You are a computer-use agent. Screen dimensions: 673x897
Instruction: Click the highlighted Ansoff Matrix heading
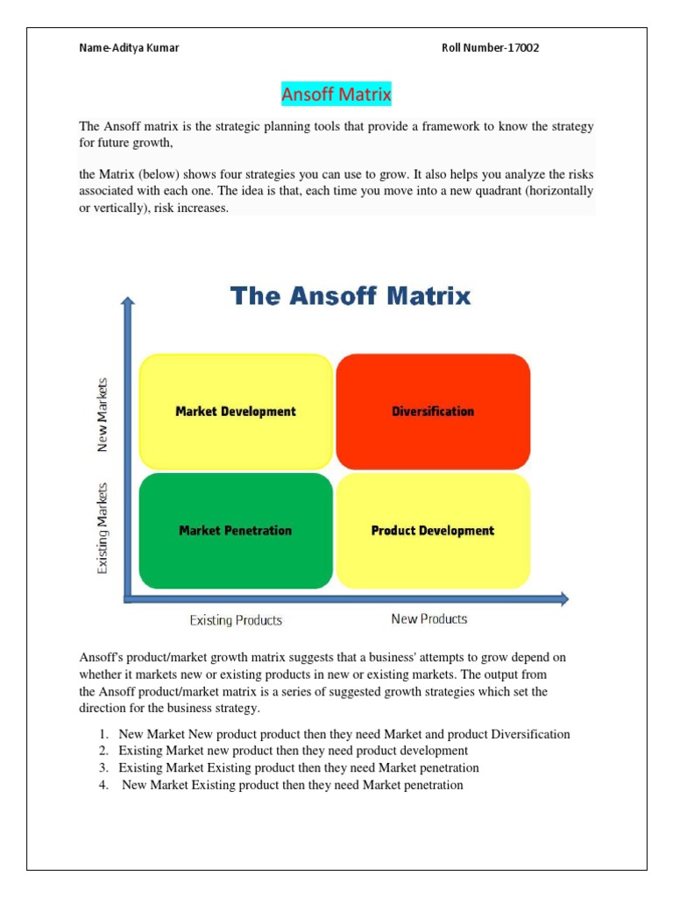click(x=336, y=94)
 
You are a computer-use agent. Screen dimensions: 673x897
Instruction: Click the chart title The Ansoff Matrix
click(x=351, y=296)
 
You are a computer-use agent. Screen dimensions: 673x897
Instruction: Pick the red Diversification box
click(x=433, y=411)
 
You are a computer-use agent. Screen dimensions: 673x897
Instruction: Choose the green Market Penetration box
click(x=236, y=530)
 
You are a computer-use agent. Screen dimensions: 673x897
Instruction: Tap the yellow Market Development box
click(x=236, y=411)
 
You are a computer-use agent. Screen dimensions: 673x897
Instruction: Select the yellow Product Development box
click(x=433, y=530)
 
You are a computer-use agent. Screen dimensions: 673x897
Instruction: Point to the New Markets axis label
click(x=103, y=414)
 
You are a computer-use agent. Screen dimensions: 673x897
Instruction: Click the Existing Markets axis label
click(x=103, y=527)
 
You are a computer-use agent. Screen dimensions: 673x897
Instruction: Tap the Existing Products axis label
click(x=236, y=620)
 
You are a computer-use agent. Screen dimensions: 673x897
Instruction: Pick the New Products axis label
click(x=429, y=618)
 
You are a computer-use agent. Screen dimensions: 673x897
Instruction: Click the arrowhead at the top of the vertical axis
click(x=129, y=303)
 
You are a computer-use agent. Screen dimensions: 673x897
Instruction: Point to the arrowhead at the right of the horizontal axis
click(x=563, y=599)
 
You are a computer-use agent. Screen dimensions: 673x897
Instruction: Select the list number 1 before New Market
click(x=103, y=734)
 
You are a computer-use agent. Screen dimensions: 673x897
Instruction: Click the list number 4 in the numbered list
click(x=103, y=785)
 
